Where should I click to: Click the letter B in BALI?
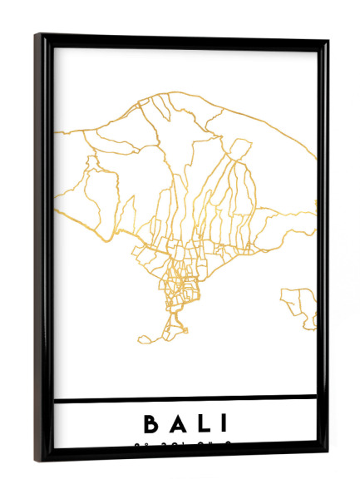[152, 424]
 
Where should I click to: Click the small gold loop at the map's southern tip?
[145, 338]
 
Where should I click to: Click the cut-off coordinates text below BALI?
[185, 445]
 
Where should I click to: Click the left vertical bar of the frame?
[44, 249]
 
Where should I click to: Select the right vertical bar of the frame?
[323, 249]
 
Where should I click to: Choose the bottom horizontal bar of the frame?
[183, 455]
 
